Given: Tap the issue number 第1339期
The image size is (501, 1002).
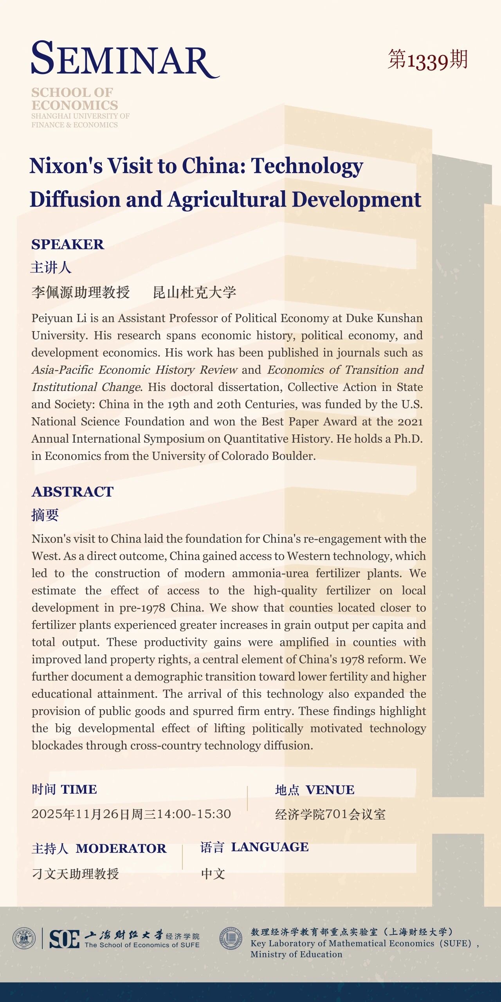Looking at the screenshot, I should [427, 60].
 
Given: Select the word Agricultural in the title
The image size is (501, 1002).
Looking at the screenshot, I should [227, 200].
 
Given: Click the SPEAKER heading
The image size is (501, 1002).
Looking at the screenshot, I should [68, 244].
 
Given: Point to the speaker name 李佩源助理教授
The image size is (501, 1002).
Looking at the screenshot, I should [81, 292].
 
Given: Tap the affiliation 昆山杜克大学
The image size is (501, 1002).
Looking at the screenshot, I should [195, 292].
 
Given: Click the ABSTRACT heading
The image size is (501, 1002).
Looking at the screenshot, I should [72, 492].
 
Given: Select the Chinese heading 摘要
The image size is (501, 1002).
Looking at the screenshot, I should [45, 515].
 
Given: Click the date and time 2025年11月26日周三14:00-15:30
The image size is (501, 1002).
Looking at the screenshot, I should [131, 814].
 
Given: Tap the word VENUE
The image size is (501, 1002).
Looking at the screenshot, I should [330, 790].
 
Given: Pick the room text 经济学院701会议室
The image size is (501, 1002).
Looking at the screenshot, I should [330, 815].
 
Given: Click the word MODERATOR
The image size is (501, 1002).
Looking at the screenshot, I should [121, 848].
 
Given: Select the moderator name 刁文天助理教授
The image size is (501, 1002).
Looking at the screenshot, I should [75, 874].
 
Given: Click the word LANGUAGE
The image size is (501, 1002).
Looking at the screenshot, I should [270, 847].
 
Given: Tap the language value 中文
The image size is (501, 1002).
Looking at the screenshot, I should [213, 874].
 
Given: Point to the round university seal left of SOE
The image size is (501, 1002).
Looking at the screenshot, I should [24, 938].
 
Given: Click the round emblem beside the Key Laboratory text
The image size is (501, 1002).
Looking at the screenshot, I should [231, 938].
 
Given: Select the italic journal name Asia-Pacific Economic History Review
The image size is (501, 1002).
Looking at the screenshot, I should [134, 370].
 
